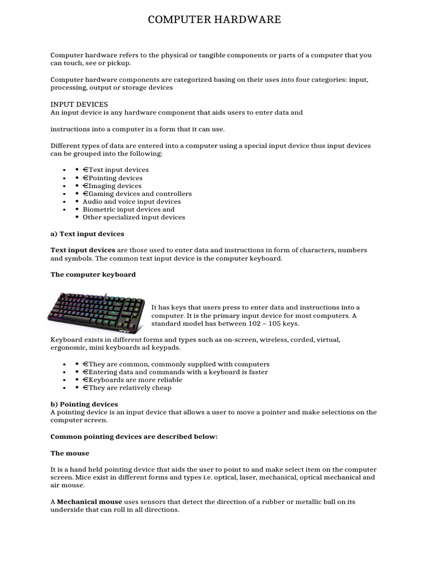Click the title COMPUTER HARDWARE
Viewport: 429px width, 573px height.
coord(214,20)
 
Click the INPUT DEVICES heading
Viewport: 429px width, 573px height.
coord(79,105)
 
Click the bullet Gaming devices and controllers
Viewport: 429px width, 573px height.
coord(137,194)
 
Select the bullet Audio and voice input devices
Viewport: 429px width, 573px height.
coord(132,201)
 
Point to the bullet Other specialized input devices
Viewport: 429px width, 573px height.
coord(134,217)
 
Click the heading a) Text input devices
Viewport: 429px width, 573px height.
coord(88,234)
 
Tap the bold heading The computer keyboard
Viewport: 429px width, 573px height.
coord(93,275)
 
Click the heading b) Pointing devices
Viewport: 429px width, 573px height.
coord(84,404)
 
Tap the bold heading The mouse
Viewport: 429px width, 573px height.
coord(70,453)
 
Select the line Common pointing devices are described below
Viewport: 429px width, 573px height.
coord(134,437)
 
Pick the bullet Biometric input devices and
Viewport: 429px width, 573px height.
coord(128,209)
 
